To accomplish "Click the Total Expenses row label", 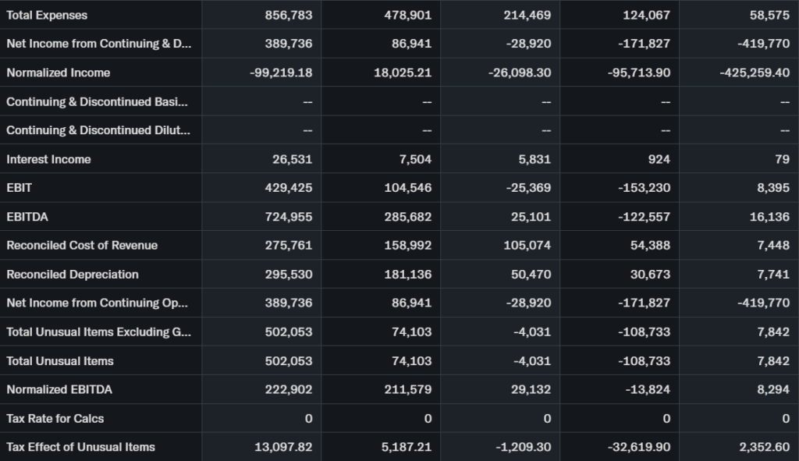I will [x=47, y=15].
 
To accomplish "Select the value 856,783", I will [x=289, y=15].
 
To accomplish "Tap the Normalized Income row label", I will [x=59, y=73].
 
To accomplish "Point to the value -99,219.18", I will [x=281, y=73].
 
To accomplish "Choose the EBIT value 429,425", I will [x=289, y=188].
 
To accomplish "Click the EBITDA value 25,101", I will [x=531, y=217].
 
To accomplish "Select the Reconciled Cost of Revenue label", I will [x=82, y=246].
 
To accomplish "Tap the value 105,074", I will [x=527, y=246].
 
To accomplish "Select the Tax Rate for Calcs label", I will [x=55, y=418].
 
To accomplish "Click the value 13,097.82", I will [x=283, y=447].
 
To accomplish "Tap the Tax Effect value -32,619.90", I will [x=639, y=447].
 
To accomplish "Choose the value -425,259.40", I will [x=755, y=73].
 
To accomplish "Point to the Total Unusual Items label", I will [x=60, y=360].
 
